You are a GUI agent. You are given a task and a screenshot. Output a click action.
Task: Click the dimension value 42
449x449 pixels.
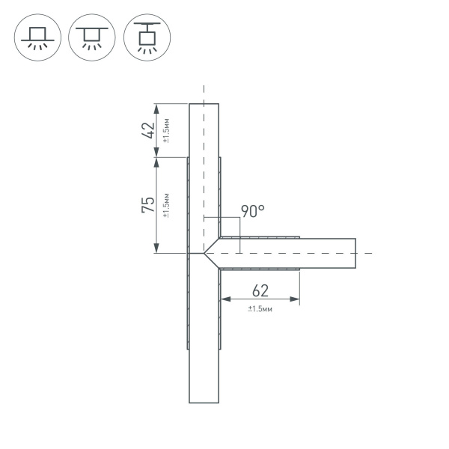[x=149, y=130]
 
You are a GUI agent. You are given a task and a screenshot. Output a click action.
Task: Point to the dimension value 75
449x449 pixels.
[x=149, y=204]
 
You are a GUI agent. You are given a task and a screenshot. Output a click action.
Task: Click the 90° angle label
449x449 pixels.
[x=253, y=212]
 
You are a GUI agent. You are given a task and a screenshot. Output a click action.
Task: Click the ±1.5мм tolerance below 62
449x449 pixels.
[x=260, y=308]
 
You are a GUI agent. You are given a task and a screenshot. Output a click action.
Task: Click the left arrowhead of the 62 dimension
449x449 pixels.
[x=222, y=301]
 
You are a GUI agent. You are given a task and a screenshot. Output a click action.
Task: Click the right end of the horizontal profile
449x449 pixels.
[x=355, y=254]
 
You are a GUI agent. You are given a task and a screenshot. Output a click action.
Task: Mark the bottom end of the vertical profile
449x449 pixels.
[x=204, y=402]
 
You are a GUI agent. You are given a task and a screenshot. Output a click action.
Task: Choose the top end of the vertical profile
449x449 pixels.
[x=204, y=104]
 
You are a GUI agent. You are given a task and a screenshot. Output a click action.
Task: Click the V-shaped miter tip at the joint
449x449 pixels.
[x=204, y=254]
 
